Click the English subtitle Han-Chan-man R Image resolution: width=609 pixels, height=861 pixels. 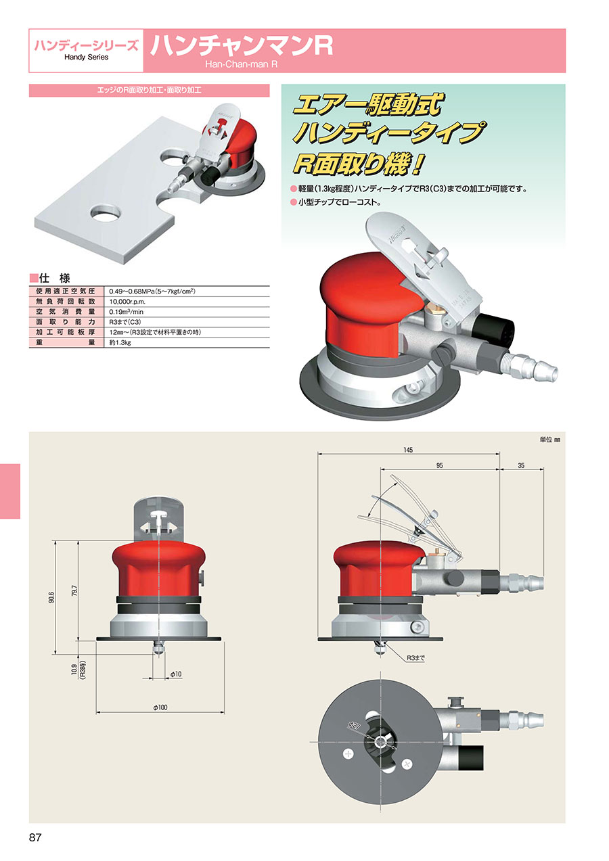[x=241, y=64]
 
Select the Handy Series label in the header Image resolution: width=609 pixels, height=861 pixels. [x=86, y=57]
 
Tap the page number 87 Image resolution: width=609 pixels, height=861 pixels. [x=35, y=837]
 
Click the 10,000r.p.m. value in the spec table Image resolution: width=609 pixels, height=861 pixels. [x=127, y=302]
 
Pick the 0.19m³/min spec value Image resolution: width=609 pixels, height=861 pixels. [x=126, y=312]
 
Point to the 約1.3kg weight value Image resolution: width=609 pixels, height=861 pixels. [x=120, y=342]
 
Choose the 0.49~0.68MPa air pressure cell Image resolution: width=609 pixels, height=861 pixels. [x=152, y=292]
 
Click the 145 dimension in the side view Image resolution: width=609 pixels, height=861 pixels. [x=408, y=450]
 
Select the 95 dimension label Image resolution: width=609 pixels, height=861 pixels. [x=439, y=465]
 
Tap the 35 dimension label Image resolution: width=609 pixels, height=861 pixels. [x=521, y=465]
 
